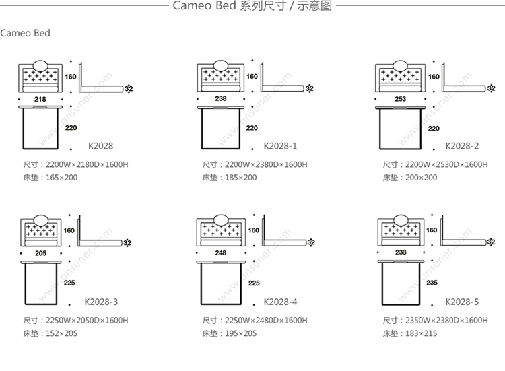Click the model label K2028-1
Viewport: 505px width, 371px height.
tap(281, 146)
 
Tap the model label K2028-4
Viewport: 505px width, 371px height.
tap(281, 302)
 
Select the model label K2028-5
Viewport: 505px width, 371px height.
tap(462, 302)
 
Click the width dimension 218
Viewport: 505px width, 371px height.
tap(40, 99)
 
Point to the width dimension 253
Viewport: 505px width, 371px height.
tap(400, 99)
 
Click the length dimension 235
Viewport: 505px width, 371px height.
tap(432, 283)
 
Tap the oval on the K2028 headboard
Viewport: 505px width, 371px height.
tap(40, 66)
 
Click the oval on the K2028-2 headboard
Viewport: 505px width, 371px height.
tap(401, 66)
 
